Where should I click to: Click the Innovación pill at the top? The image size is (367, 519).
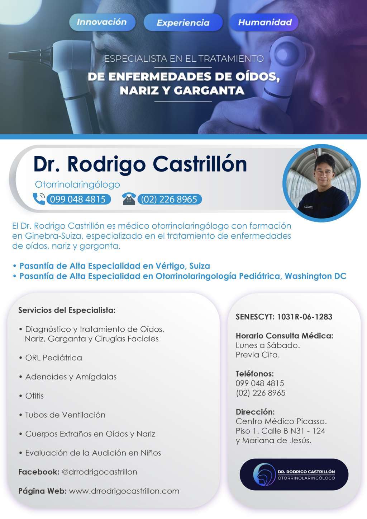102,22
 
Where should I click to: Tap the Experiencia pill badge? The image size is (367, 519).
183,23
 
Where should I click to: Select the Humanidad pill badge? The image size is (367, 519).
264,22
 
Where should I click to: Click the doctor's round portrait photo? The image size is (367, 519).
321,183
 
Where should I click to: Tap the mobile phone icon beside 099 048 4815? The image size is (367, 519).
39,199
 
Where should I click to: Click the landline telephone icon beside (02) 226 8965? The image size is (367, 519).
129,199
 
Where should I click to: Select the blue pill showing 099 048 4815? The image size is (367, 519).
78,199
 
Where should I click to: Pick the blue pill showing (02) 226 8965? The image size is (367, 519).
169,199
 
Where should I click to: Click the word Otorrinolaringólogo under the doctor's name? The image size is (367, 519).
77,184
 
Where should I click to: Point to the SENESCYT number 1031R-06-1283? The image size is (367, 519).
305,317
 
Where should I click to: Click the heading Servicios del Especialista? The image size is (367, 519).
67,310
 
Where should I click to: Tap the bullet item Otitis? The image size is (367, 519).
34,396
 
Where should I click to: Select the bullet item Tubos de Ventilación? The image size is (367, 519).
65,415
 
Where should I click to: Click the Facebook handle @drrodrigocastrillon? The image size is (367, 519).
99,472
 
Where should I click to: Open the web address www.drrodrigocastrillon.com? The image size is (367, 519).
124,491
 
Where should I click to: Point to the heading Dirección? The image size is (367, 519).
255,412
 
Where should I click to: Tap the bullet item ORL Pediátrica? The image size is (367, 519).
53,357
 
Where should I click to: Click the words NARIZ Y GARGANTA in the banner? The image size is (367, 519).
182,90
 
